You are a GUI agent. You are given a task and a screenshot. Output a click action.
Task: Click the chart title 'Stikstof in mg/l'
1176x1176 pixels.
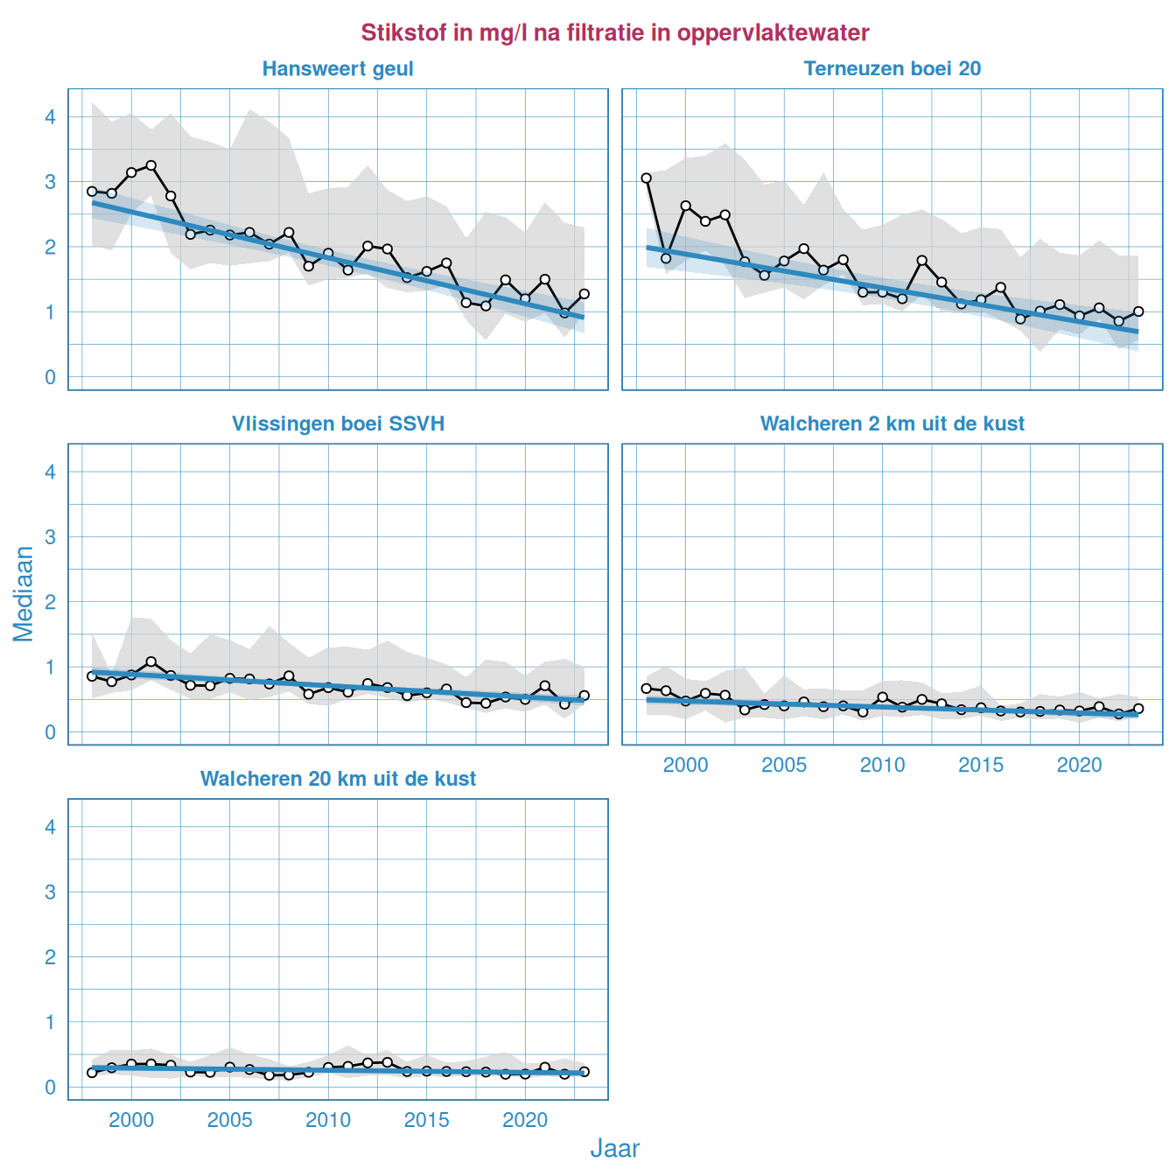pyautogui.click(x=614, y=33)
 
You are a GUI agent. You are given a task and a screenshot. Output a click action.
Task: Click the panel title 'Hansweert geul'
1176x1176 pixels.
pyautogui.click(x=338, y=69)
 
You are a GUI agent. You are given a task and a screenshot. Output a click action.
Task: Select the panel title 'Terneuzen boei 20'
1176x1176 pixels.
pyautogui.click(x=892, y=69)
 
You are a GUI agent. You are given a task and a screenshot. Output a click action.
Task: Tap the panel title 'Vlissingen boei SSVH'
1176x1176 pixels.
pyautogui.click(x=338, y=424)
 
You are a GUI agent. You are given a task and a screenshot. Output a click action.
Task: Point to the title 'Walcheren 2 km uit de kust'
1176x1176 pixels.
pyautogui.click(x=892, y=424)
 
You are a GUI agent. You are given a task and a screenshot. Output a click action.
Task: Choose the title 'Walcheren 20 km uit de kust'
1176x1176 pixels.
pyautogui.click(x=338, y=780)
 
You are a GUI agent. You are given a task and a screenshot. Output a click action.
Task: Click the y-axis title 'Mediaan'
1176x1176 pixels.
pyautogui.click(x=24, y=594)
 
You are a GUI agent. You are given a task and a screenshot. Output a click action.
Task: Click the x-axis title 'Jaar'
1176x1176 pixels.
pyautogui.click(x=614, y=1149)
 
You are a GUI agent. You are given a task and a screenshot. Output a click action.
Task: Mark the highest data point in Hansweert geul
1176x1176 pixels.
pyautogui.click(x=150, y=165)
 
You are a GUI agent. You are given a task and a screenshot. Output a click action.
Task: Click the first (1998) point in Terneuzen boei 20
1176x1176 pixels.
pyautogui.click(x=646, y=178)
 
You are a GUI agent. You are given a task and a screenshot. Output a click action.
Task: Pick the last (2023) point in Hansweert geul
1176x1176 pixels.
pyautogui.click(x=584, y=294)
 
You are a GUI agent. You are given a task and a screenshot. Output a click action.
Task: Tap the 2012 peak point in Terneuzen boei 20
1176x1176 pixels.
pyautogui.click(x=921, y=261)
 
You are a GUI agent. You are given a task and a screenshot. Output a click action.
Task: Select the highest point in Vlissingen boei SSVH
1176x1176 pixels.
pyautogui.click(x=150, y=661)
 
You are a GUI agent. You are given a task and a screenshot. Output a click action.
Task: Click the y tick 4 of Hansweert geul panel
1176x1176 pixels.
pyautogui.click(x=51, y=117)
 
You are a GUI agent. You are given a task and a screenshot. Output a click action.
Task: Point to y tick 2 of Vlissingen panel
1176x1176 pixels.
pyautogui.click(x=51, y=602)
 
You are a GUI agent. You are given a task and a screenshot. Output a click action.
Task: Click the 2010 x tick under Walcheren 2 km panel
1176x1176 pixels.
pyautogui.click(x=882, y=766)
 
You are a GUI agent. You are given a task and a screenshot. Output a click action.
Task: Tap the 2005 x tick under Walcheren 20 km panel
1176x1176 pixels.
pyautogui.click(x=229, y=1121)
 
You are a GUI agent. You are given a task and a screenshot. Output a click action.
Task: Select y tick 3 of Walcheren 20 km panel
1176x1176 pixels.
pyautogui.click(x=51, y=892)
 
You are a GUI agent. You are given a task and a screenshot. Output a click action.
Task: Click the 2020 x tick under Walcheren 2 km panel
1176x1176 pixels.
pyautogui.click(x=1079, y=766)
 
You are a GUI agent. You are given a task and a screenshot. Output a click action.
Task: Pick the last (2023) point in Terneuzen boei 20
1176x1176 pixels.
pyautogui.click(x=1138, y=311)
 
